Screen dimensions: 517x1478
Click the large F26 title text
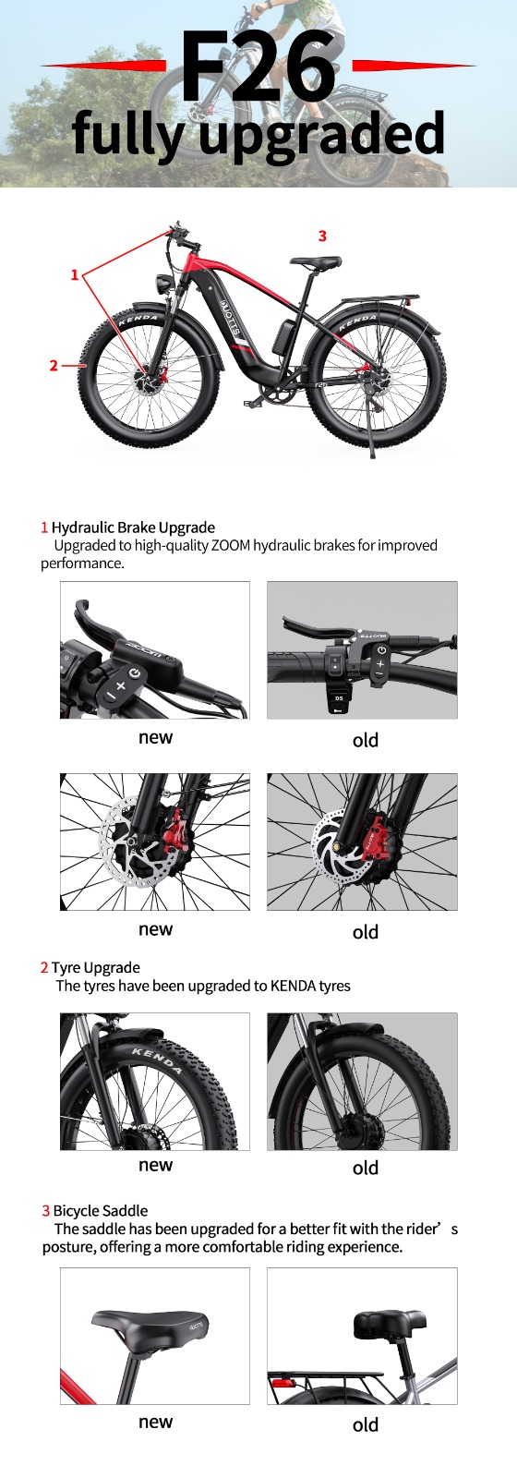(x=258, y=66)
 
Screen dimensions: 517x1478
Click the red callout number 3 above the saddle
(x=322, y=236)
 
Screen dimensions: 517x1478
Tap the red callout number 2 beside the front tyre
(x=54, y=365)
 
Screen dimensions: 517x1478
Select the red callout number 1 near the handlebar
(x=75, y=274)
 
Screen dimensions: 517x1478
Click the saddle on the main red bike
(x=316, y=262)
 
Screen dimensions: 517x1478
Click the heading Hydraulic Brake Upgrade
(x=133, y=527)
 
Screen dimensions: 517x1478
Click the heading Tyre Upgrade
(x=96, y=967)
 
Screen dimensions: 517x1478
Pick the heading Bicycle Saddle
(x=101, y=1211)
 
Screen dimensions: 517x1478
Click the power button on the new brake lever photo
(x=135, y=673)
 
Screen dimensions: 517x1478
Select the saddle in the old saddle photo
(x=389, y=1325)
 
